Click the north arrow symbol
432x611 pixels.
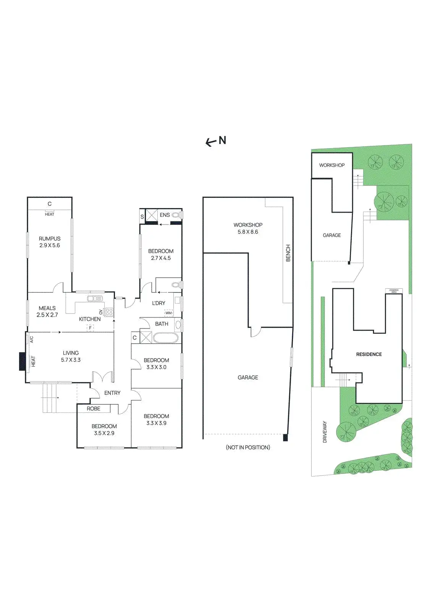(215, 141)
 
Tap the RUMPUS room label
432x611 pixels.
(50, 238)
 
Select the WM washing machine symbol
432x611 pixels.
(169, 313)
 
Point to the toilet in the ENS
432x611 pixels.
(176, 215)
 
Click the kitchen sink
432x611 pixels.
(94, 299)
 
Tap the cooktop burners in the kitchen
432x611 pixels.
(109, 312)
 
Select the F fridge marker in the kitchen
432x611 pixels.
(90, 328)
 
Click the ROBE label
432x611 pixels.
(94, 409)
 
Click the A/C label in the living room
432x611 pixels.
(31, 339)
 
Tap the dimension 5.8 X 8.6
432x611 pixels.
(248, 232)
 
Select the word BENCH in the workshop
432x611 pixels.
(288, 253)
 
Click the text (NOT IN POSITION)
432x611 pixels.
(248, 447)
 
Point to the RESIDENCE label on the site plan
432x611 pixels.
(369, 354)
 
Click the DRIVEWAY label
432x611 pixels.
(325, 432)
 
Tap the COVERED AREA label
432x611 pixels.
(394, 291)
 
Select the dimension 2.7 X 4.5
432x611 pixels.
(161, 258)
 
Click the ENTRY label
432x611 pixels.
(112, 393)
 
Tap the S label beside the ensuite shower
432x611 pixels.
(142, 217)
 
